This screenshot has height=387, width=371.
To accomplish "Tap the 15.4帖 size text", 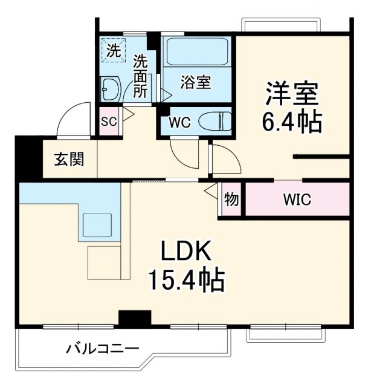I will [x=187, y=280].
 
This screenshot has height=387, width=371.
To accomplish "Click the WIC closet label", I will [x=297, y=200].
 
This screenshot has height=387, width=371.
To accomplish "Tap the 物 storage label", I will [x=230, y=199].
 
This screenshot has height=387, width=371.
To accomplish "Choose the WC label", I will [x=179, y=122].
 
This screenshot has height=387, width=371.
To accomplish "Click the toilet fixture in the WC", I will [x=215, y=121].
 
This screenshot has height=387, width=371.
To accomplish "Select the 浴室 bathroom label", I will [x=195, y=83].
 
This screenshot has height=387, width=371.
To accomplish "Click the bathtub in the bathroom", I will [x=196, y=53].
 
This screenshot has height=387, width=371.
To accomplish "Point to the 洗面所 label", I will [x=140, y=76].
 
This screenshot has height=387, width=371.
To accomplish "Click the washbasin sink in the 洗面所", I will [x=111, y=90].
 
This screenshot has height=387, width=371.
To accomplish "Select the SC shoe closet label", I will [x=109, y=121].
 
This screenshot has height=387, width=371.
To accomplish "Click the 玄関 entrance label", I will [x=68, y=160].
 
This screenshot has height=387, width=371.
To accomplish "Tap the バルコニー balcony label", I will [x=103, y=349].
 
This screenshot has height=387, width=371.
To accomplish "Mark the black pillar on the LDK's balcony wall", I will [x=134, y=319].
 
